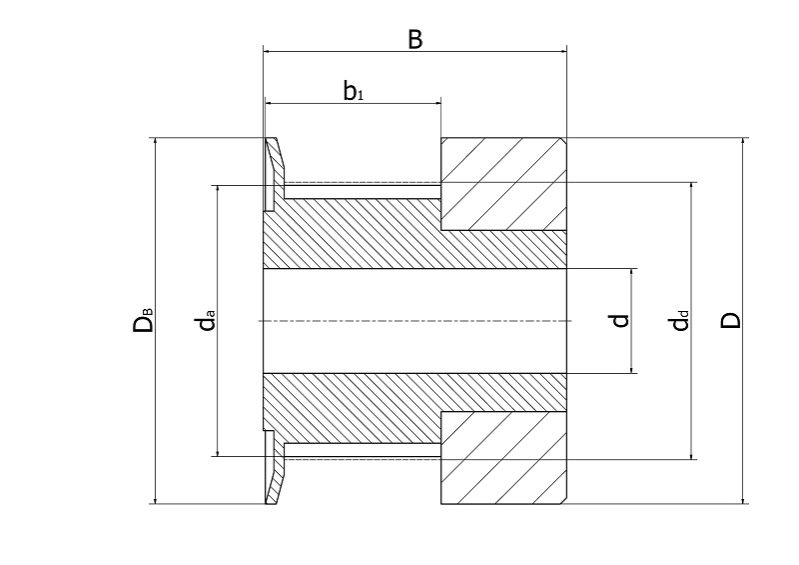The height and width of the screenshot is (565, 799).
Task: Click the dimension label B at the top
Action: (x=414, y=39)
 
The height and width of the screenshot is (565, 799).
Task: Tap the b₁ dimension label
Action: (x=354, y=92)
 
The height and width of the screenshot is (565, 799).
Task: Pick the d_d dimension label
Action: (x=679, y=321)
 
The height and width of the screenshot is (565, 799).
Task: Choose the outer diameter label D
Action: (x=731, y=321)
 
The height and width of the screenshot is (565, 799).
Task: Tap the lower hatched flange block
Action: (x=503, y=458)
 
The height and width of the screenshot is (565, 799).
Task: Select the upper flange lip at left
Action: (x=273, y=173)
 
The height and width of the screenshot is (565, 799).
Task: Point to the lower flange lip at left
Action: (x=273, y=470)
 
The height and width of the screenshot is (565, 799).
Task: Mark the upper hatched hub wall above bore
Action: (x=399, y=235)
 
